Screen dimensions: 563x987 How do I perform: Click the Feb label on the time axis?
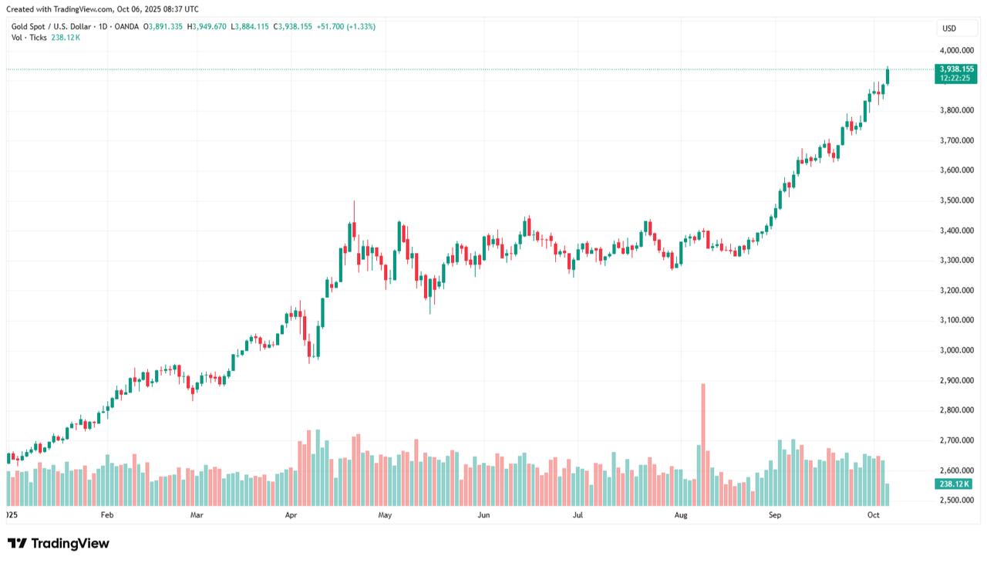(107, 514)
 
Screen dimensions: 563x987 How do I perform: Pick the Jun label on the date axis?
(483, 514)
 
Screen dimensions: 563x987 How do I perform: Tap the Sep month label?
(776, 514)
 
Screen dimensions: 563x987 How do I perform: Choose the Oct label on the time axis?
(873, 514)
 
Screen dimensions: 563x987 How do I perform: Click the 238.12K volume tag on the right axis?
(955, 484)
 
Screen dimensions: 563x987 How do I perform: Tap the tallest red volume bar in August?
(702, 443)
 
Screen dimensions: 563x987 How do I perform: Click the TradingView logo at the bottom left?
(59, 543)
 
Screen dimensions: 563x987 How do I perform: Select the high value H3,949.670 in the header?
(208, 26)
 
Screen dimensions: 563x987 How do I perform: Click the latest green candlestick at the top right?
(888, 76)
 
